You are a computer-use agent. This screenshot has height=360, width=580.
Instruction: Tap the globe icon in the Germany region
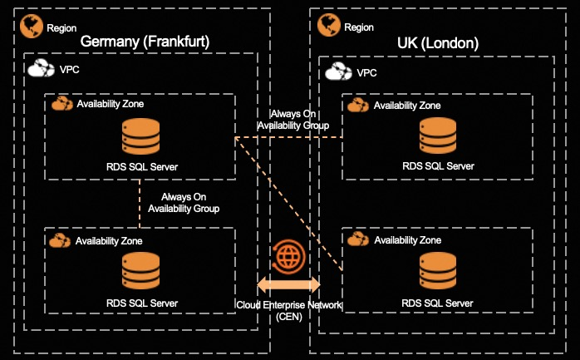pyautogui.click(x=32, y=27)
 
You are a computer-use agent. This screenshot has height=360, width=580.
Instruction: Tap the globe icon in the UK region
pyautogui.click(x=327, y=27)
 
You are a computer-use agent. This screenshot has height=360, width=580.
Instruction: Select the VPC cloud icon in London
pyautogui.click(x=337, y=72)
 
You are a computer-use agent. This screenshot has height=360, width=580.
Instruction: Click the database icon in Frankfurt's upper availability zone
pyautogui.click(x=140, y=136)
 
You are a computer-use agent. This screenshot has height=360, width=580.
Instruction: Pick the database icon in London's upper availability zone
pyautogui.click(x=438, y=136)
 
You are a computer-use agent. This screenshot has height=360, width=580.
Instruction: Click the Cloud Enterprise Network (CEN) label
pyautogui.click(x=289, y=310)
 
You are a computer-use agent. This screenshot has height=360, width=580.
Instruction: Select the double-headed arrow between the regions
pyautogui.click(x=289, y=284)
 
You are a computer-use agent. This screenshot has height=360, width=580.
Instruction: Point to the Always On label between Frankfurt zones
pyautogui.click(x=183, y=203)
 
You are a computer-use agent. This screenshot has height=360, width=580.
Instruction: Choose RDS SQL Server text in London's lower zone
pyautogui.click(x=438, y=302)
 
